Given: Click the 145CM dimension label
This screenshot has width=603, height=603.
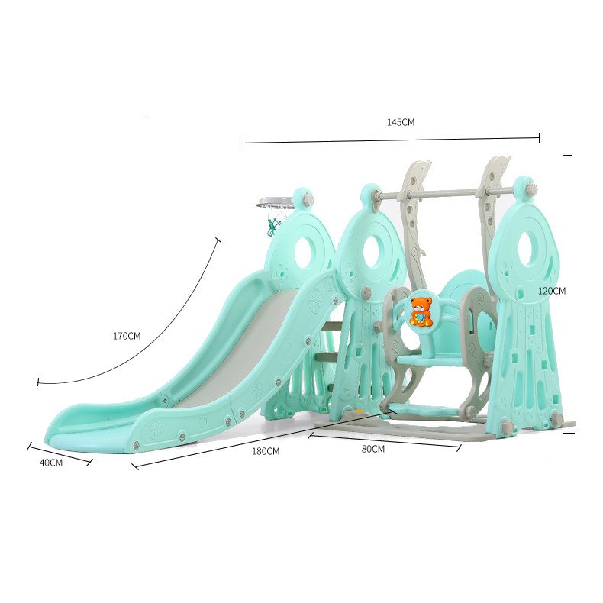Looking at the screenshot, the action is (x=401, y=122).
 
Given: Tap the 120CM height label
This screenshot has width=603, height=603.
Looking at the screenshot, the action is (x=552, y=291).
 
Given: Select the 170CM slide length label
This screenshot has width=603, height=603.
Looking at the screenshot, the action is (x=127, y=336).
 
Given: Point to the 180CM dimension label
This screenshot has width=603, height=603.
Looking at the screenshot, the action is (x=266, y=451).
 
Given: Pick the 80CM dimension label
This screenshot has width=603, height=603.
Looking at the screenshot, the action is (x=373, y=449).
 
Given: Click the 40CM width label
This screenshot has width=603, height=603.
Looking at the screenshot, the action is (x=51, y=463).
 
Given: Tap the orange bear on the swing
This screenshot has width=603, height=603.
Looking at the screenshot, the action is (x=421, y=311).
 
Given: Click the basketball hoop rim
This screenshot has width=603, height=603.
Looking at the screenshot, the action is (x=276, y=203).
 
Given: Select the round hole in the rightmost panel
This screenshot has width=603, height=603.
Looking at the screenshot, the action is (x=529, y=250).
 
